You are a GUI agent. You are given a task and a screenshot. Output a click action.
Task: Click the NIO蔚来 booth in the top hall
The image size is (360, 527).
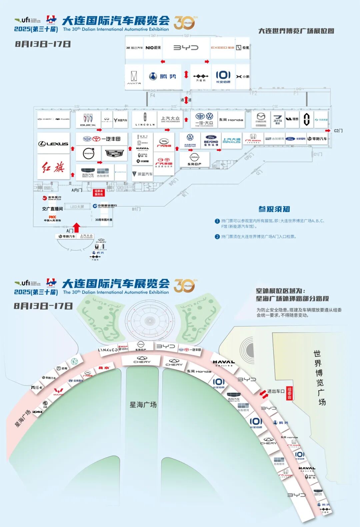pos(153,48)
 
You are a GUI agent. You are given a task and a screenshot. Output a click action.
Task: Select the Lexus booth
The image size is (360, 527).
pos(53,144)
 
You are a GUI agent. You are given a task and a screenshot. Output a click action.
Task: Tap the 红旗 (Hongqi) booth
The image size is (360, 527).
pos(53,167)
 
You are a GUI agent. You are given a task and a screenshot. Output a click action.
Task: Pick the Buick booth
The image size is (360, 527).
pos(88,120)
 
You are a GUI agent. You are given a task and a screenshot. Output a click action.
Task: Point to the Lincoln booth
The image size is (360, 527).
pos(145,119)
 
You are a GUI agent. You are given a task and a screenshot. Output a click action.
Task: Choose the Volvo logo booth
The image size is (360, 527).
pos(89,153)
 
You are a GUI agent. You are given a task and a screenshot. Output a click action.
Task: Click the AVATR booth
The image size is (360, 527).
pos(134,77)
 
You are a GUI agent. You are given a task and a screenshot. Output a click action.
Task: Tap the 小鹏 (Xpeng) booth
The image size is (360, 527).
pos(243,77)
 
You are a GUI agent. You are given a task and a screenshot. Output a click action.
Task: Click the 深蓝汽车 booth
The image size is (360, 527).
pos(142,174)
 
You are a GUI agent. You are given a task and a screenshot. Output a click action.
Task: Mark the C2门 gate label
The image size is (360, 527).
pos(338,131)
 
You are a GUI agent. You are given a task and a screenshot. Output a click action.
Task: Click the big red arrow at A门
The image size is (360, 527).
pos(77,227)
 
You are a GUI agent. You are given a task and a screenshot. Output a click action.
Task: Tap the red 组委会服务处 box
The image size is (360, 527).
pos(99,193)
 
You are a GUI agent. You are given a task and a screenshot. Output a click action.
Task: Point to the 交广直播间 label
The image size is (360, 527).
pos(52,209)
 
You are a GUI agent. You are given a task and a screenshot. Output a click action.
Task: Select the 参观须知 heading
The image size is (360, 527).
pos(274,209)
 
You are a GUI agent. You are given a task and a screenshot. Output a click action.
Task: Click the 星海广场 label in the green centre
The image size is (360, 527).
pos(143,405)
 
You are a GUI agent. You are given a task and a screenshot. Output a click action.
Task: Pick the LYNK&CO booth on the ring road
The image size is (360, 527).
pos(108,350)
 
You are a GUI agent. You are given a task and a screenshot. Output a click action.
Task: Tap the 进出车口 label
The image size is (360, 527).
pos(276,391)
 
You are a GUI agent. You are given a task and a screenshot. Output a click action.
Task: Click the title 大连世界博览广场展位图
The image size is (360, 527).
pos(296,31)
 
